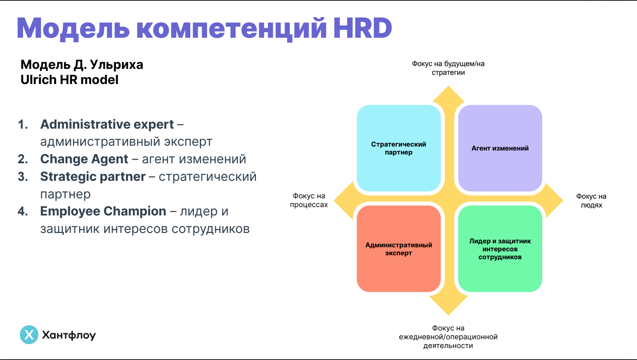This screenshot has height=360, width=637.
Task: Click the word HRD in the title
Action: point(362,29)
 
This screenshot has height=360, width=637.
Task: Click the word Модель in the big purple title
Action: point(73,29)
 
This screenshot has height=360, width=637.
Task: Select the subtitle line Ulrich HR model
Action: point(69,80)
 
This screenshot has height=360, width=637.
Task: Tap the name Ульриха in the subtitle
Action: point(116,65)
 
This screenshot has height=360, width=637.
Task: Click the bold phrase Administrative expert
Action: point(107,124)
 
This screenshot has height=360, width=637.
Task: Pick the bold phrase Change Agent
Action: point(84,159)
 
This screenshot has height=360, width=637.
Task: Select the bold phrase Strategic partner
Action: point(93,176)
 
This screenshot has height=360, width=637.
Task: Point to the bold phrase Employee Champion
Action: point(103,211)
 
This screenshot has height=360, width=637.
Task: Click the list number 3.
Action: point(23,176)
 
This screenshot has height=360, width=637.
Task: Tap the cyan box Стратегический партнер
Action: point(399,148)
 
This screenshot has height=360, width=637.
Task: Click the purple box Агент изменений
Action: point(500,148)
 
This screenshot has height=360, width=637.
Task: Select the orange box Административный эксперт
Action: point(399,249)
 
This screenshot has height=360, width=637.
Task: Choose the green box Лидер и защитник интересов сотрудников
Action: point(500,249)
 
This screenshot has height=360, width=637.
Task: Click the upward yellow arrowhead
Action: point(449,95)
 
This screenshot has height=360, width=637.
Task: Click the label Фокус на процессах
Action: point(309,200)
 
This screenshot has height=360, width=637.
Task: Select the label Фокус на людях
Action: point(591,201)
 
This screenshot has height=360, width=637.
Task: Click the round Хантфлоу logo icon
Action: point(29,335)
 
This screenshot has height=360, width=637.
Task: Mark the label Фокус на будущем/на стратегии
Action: point(448,68)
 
